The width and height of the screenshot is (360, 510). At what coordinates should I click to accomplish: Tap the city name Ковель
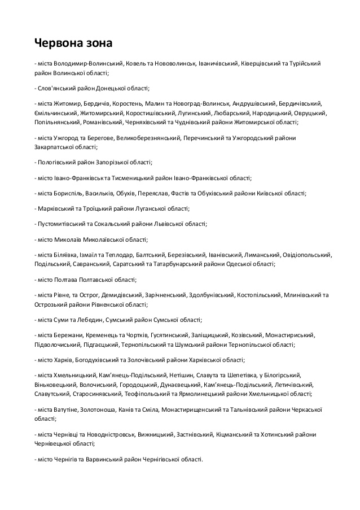[x=136, y=64]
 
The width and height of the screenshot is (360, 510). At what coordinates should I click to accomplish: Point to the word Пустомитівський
[x=62, y=224]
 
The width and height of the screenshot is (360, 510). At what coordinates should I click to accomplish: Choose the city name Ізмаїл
[x=93, y=255]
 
